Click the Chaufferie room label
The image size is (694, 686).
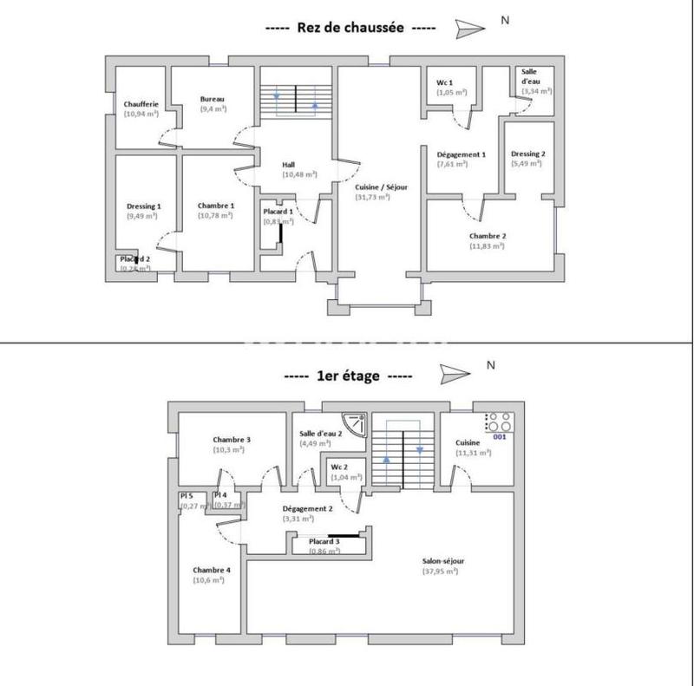click(141, 104)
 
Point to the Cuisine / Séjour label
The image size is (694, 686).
click(381, 186)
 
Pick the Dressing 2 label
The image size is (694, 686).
click(527, 154)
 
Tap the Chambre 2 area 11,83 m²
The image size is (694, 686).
click(487, 245)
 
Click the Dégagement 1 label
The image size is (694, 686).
click(462, 154)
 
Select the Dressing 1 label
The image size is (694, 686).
click(144, 206)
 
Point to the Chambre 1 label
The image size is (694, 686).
click(215, 206)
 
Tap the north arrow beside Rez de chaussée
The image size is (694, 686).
click(470, 28)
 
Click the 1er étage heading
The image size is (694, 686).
click(347, 376)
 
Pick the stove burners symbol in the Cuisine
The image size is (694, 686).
click(499, 421)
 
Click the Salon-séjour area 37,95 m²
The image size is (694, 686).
click(442, 572)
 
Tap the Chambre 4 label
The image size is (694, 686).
click(212, 570)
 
